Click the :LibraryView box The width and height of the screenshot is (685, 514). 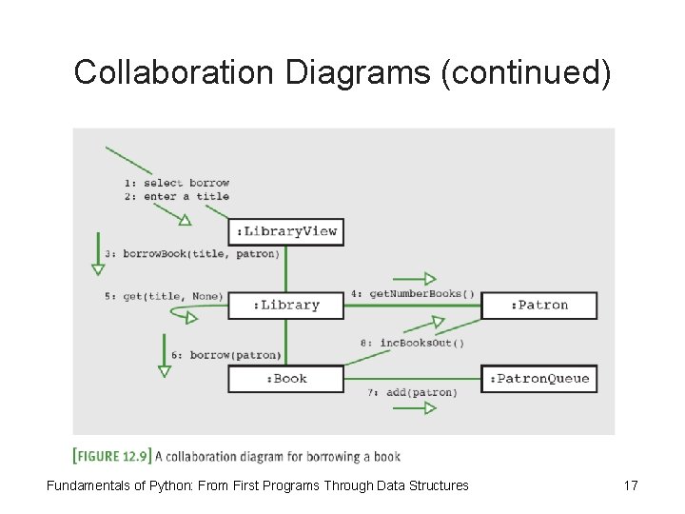click(x=285, y=231)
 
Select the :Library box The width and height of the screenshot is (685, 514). click(x=285, y=305)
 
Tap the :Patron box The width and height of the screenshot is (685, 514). click(x=539, y=305)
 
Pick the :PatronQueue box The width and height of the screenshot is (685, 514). click(x=539, y=378)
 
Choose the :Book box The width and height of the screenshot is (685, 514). click(x=285, y=378)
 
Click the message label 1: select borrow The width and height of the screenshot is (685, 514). click(x=177, y=183)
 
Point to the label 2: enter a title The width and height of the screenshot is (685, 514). click(x=177, y=196)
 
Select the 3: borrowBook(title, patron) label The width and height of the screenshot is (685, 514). click(x=192, y=254)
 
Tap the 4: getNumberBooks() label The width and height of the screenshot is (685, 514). click(x=413, y=294)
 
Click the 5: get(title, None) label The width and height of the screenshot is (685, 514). click(x=164, y=296)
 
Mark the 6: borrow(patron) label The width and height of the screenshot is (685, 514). click(x=226, y=355)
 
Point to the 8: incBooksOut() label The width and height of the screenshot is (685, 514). click(x=412, y=343)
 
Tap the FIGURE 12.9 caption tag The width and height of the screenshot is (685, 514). click(x=111, y=455)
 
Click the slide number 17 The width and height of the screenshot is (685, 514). click(x=630, y=486)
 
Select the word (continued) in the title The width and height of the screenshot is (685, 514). click(x=525, y=72)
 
